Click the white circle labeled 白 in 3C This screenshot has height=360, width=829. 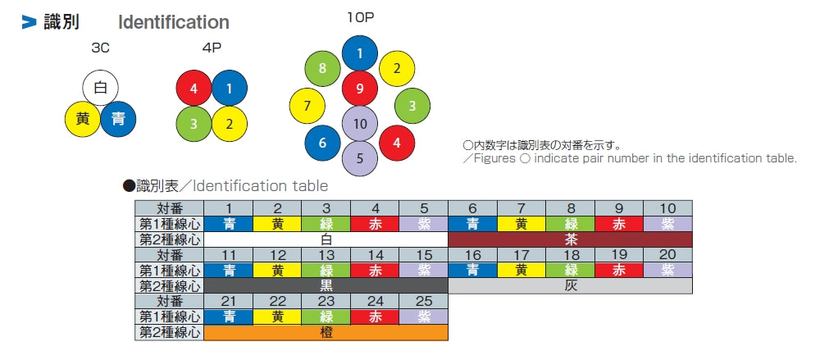point(101,87)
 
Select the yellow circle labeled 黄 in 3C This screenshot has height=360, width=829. point(83,120)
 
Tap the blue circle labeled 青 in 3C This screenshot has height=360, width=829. point(118,120)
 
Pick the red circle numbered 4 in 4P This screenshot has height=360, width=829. point(194,88)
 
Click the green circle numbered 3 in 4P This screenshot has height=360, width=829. point(194,124)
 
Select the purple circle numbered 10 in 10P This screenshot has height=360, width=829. point(359,124)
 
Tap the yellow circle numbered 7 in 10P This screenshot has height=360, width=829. point(307,106)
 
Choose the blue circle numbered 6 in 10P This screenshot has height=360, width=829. point(322,143)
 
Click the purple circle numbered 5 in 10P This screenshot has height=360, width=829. point(359,157)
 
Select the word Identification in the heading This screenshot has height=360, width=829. point(174,22)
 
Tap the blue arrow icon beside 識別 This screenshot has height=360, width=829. point(30,23)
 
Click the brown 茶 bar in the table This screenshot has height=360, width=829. point(571,239)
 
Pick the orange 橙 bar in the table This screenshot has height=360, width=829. point(326,332)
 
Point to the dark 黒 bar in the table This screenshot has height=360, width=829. point(326,285)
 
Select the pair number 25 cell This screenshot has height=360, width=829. point(423,302)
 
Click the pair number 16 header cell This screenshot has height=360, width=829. point(472,255)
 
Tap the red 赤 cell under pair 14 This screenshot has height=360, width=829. point(375,270)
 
